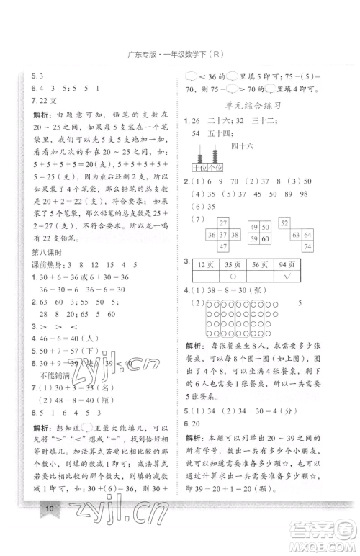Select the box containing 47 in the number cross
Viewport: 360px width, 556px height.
[222, 247]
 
